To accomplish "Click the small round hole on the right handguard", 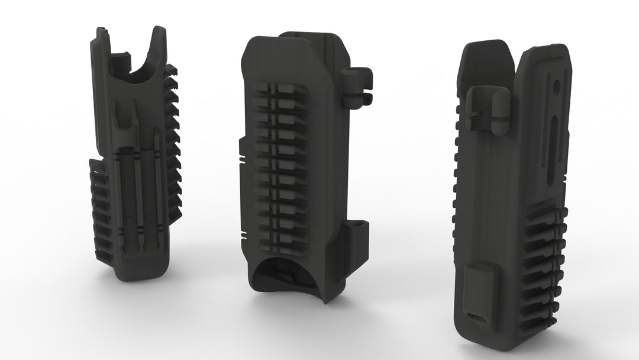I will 557,86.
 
